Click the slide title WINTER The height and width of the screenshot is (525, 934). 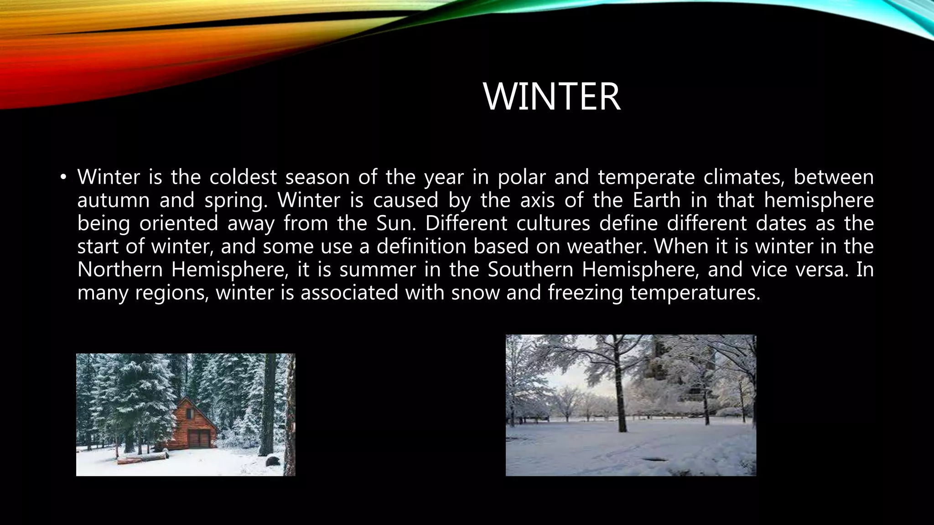(x=552, y=97)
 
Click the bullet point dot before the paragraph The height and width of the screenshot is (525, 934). (x=63, y=177)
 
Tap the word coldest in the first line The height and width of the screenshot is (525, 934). (x=243, y=177)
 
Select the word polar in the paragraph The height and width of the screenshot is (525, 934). (x=521, y=178)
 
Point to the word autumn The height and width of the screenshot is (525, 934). (x=113, y=201)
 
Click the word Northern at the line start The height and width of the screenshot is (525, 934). (x=119, y=269)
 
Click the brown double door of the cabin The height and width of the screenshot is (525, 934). (x=199, y=439)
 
